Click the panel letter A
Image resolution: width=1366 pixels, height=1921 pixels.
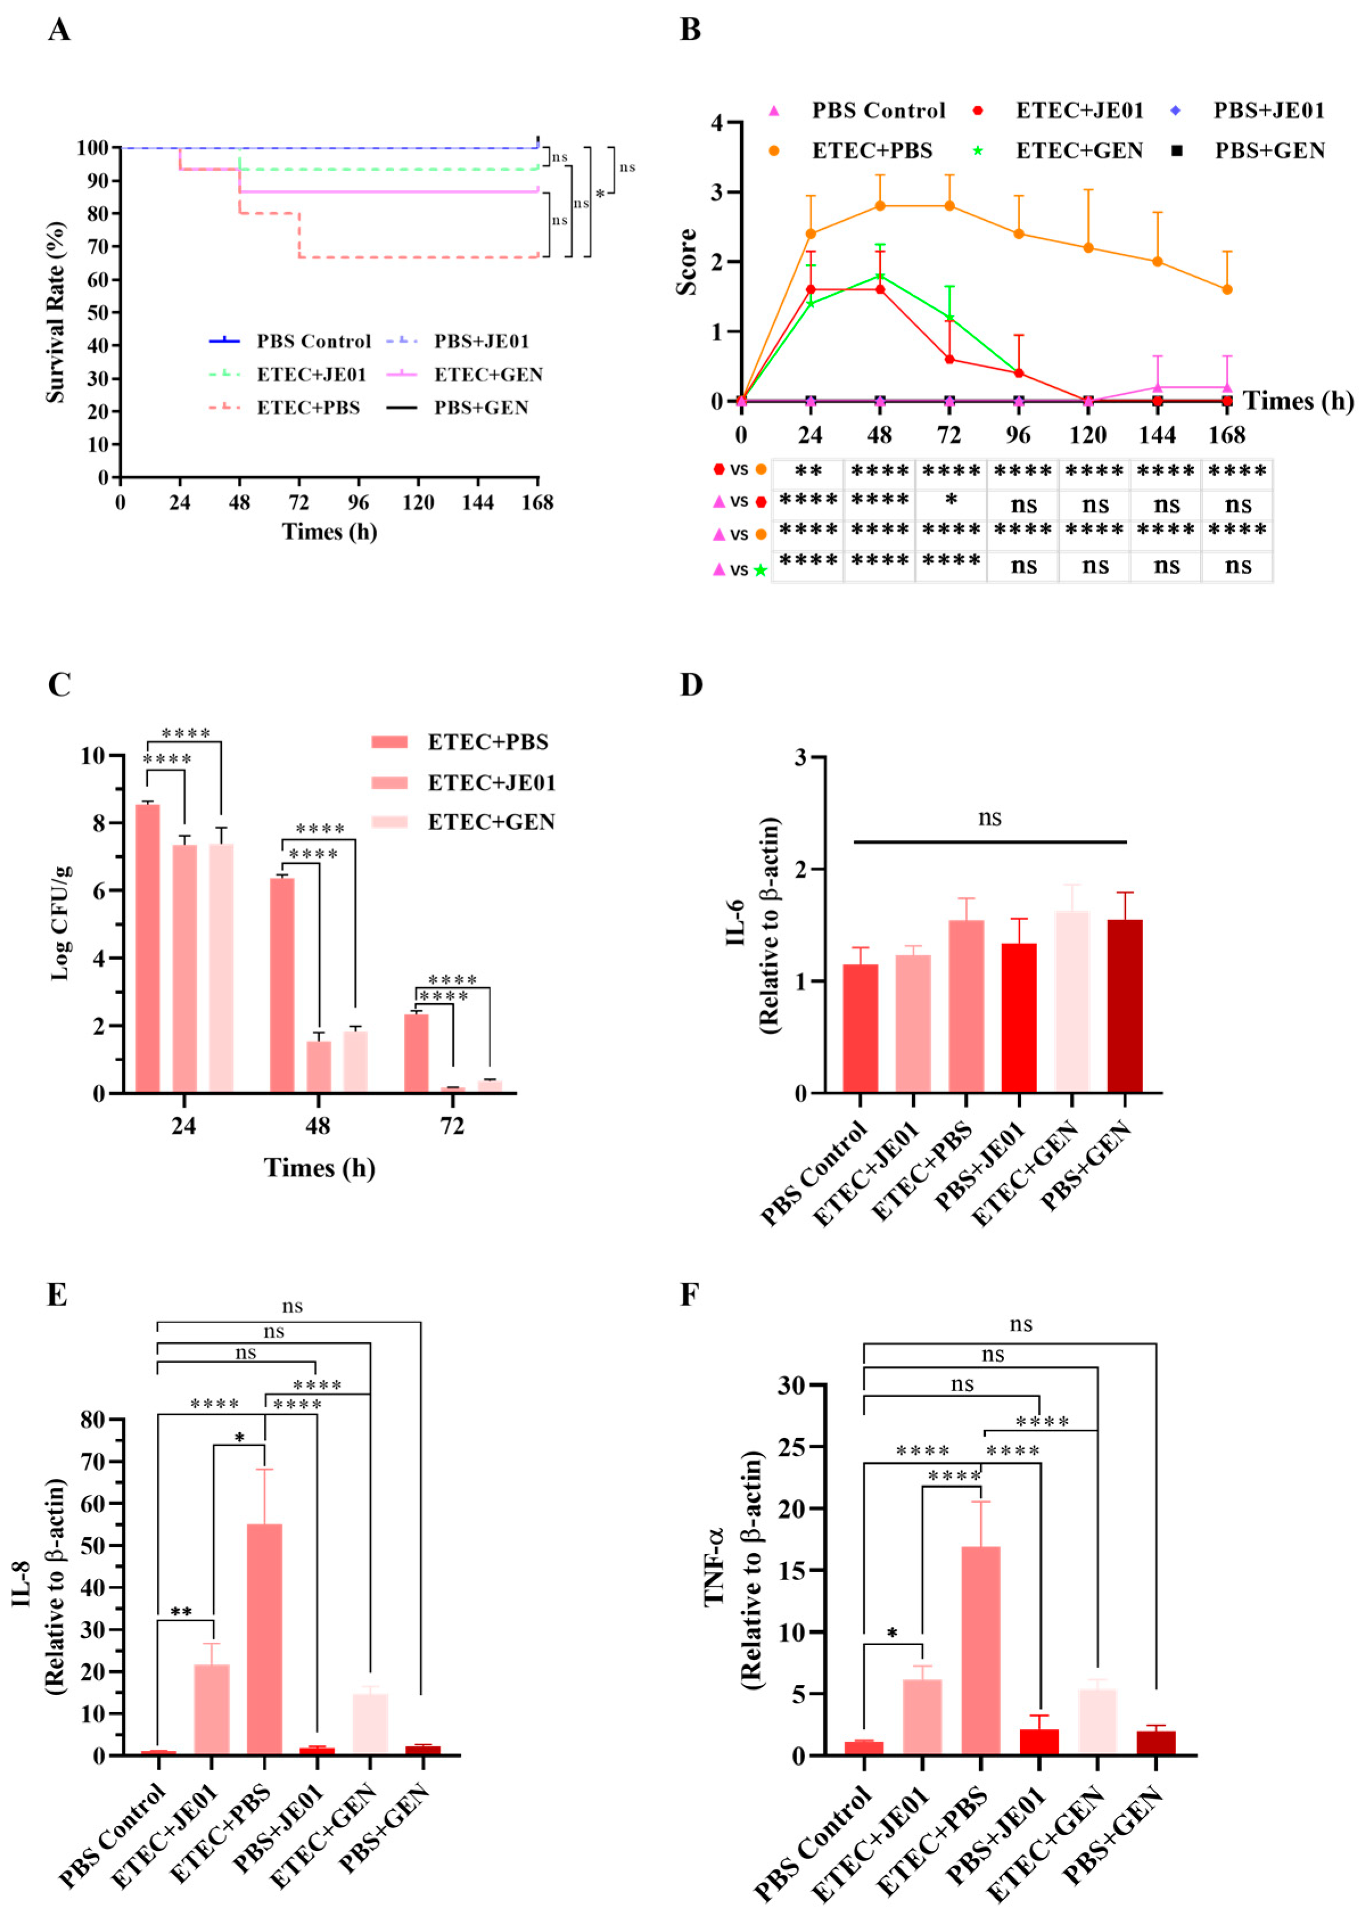(x=58, y=30)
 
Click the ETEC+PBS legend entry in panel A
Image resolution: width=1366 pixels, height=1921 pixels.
(x=307, y=408)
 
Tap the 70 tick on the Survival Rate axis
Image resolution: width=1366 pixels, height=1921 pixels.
(x=98, y=246)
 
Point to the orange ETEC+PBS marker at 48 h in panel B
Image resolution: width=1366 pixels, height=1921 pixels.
(x=880, y=206)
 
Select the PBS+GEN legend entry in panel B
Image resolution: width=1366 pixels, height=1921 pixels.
(x=1269, y=151)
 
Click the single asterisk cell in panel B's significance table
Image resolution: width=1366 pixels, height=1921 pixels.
(x=951, y=500)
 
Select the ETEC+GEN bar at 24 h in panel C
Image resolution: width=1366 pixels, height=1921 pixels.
(x=221, y=967)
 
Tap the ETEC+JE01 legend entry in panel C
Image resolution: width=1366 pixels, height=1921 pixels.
(x=491, y=783)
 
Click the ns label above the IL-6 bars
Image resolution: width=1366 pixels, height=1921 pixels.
(x=989, y=818)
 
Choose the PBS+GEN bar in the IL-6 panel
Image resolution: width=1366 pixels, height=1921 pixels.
(x=1125, y=1006)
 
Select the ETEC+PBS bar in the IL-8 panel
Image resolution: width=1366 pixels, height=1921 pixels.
(x=265, y=1638)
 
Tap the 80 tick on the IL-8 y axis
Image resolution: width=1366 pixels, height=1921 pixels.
(x=93, y=1420)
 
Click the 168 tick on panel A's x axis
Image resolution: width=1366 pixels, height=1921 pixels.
(x=537, y=503)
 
